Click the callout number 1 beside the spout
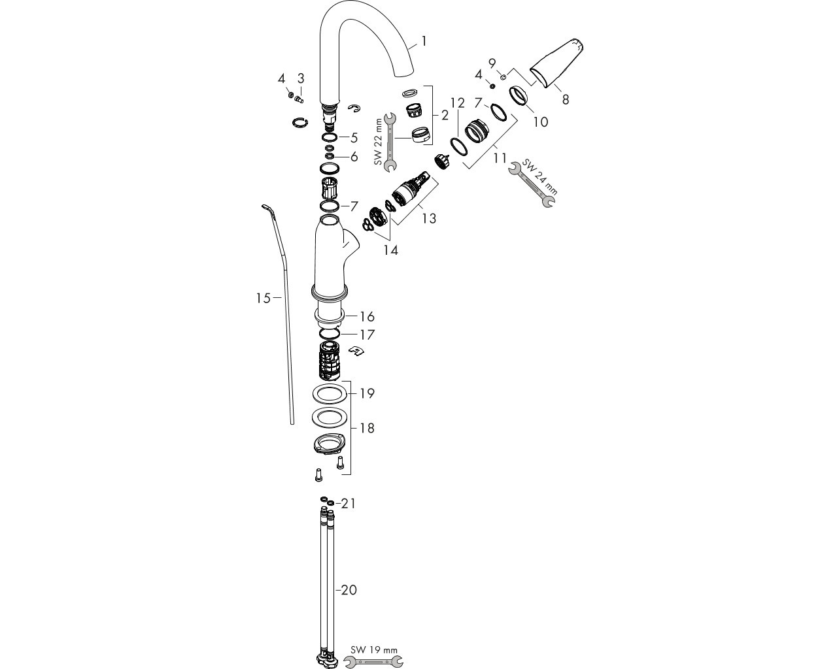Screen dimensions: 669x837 (424, 41)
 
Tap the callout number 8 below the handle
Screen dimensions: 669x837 (566, 99)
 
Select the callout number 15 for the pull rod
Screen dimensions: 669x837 (263, 298)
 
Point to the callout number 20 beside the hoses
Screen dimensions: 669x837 (349, 590)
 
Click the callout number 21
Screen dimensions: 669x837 (348, 503)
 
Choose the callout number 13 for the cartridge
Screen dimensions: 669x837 (428, 218)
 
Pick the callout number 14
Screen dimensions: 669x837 (390, 250)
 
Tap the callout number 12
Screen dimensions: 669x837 (457, 103)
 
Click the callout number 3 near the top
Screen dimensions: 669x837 (301, 78)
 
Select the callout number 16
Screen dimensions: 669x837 (367, 317)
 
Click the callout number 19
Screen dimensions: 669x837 (367, 393)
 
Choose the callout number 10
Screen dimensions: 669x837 (540, 122)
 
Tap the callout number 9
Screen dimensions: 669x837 (492, 63)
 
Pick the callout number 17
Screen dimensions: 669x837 (367, 334)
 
